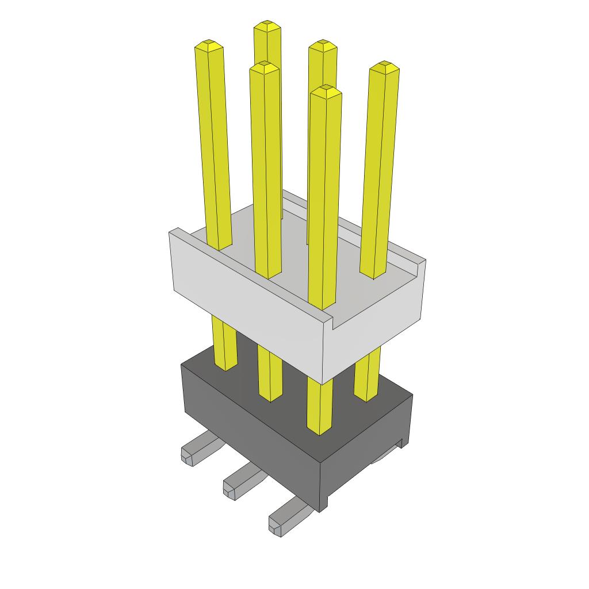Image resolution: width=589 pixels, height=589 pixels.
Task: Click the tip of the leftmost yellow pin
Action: pyautogui.click(x=209, y=44)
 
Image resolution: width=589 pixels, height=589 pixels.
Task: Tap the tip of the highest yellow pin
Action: pyautogui.click(x=267, y=25)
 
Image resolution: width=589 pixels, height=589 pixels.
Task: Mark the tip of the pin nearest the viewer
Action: pyautogui.click(x=326, y=89)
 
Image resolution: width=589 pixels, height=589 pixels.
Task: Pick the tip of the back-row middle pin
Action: pyautogui.click(x=322, y=44)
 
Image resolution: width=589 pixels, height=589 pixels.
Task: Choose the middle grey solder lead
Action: pyautogui.click(x=238, y=482)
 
